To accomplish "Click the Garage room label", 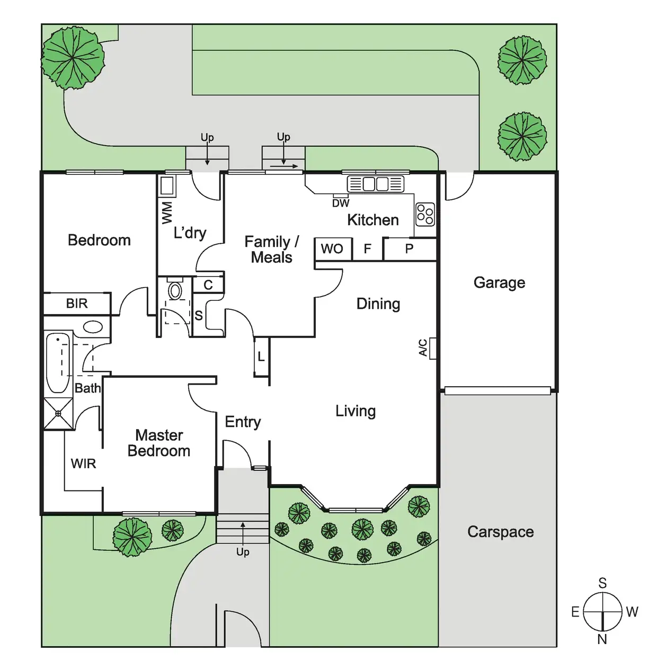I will tap(499, 282).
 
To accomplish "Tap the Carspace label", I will tap(500, 532).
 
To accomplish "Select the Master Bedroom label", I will tap(159, 443).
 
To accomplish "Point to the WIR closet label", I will tap(83, 463).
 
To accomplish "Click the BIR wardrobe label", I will tap(77, 304).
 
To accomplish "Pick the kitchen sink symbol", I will tap(376, 184).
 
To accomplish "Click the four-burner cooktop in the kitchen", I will tap(425, 214).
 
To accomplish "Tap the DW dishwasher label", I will tap(341, 203).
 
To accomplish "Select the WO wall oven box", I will tap(333, 248).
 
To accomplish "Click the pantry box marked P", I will tap(409, 248).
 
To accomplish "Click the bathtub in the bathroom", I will tap(58, 363).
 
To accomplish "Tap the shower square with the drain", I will tap(58, 413).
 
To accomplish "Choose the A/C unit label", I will tap(423, 347).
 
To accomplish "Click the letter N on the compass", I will tap(602, 639).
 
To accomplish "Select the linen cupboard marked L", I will tap(261, 357).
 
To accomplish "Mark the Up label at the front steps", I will tap(243, 552).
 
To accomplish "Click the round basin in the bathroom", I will tap(93, 327).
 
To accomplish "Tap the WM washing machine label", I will tap(167, 212).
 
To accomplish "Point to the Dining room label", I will tap(378, 304).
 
